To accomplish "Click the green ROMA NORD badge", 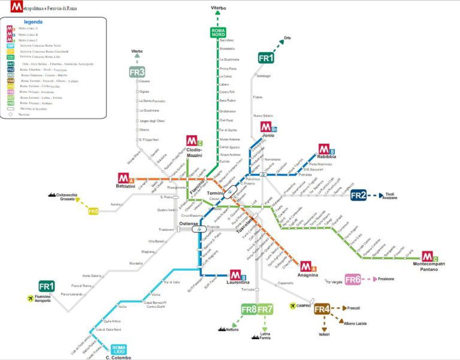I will click(x=219, y=33).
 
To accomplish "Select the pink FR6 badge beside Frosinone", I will click(x=353, y=279).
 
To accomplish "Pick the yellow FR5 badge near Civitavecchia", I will click(x=93, y=211).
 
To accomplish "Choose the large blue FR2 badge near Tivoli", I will click(x=358, y=195).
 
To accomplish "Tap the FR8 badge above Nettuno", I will click(x=249, y=309).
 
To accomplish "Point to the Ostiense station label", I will click(x=188, y=223).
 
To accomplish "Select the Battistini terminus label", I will click(x=128, y=187).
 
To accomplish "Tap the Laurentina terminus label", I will click(x=239, y=282).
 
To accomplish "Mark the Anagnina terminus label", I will click(x=308, y=275).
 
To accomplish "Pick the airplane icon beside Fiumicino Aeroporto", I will click(x=28, y=297).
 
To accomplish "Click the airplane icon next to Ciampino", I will click(x=293, y=305).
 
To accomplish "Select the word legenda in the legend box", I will click(x=33, y=22).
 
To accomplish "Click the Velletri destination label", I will click(x=324, y=334).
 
